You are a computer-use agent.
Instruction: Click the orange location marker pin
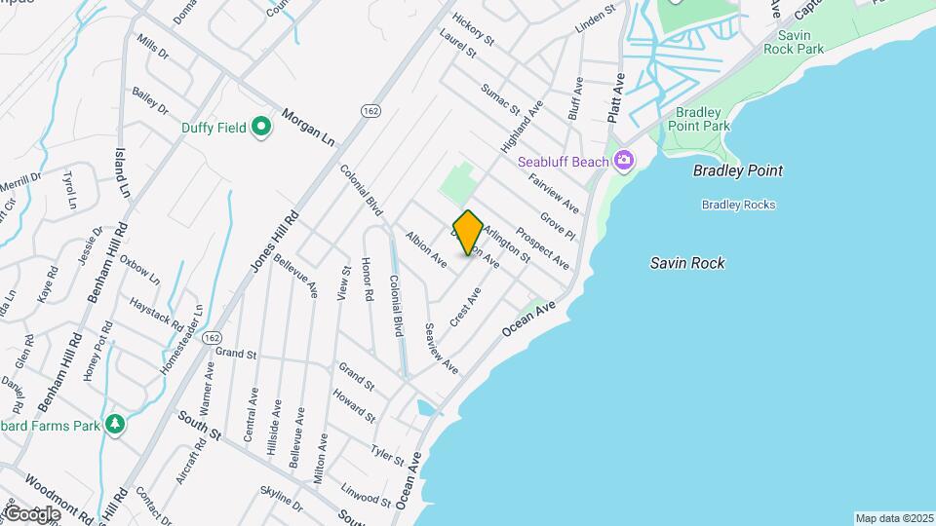pos(468,233)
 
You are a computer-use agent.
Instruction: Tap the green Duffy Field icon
pos(261,127)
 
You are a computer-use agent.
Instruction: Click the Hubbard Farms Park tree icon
pos(115,424)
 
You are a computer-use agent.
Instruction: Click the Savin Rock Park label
pos(794,41)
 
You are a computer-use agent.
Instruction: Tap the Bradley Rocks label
pos(738,205)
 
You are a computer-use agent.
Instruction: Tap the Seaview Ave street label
pos(441,349)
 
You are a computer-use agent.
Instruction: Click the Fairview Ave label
pos(553,193)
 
